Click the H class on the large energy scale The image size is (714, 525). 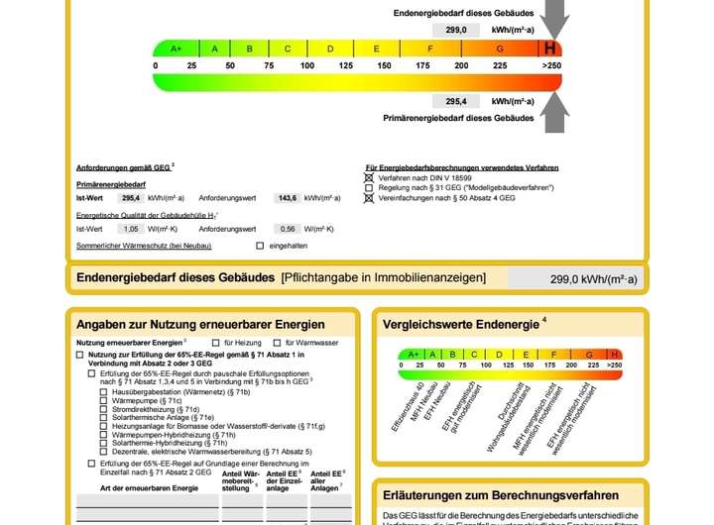point(549,49)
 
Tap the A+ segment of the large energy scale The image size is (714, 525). point(177,49)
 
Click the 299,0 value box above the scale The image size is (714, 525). point(457,30)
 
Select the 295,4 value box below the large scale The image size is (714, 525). point(457,101)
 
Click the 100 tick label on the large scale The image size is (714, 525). point(307,65)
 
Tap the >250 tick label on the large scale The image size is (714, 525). point(551,65)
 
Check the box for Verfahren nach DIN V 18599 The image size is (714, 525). point(369,177)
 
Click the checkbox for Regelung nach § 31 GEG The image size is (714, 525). point(369,187)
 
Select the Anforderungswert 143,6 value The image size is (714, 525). point(288,198)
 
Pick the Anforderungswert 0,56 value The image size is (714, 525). point(288,229)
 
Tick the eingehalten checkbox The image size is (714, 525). point(260,246)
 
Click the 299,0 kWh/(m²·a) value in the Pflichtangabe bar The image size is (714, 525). point(593,280)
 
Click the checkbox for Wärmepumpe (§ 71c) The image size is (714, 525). point(104,400)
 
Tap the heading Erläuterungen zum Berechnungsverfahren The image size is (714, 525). point(501,495)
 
